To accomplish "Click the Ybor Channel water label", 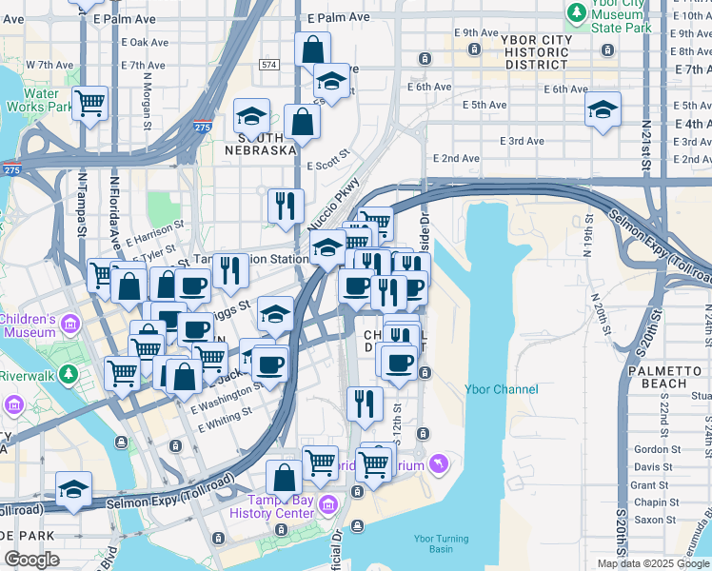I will (502, 389).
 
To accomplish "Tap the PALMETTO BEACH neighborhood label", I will (658, 377).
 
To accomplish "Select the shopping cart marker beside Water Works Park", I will (89, 103).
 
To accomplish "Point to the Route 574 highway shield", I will (269, 64).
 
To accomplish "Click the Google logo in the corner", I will (31, 560).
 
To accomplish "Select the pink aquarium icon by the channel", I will (437, 463).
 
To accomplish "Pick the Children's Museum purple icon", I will (68, 326).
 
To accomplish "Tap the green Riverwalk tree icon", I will (68, 374).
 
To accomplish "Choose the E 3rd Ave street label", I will (523, 141).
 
